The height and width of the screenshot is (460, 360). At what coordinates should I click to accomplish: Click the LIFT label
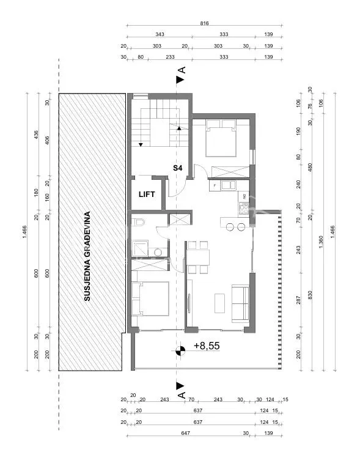coord(147,194)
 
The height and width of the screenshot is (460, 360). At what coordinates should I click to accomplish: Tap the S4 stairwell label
coord(178,168)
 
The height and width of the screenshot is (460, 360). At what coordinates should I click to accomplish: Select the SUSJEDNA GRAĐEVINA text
coord(87,256)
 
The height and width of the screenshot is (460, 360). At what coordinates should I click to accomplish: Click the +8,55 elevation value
coord(207,346)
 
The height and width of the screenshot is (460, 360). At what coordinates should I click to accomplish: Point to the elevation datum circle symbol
coord(180,351)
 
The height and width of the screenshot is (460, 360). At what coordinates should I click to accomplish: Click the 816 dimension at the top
coord(204,23)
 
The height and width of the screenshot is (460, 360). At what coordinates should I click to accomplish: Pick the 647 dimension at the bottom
coord(186,433)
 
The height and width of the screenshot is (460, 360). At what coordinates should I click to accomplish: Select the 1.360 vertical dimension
coord(321,242)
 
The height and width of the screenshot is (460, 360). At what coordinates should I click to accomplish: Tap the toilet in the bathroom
coord(138,223)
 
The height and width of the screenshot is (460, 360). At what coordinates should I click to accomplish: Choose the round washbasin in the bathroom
coord(158,252)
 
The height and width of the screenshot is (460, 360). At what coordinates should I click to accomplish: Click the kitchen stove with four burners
coord(244,209)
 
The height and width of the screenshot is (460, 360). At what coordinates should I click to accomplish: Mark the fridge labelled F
coord(215,186)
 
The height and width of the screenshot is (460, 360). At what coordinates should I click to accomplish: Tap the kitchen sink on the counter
coord(229,185)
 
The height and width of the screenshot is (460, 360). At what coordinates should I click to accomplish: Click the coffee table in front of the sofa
coord(219,303)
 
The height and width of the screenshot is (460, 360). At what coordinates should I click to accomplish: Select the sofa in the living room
coord(240,303)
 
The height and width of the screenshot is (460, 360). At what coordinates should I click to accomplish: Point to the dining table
coord(198,258)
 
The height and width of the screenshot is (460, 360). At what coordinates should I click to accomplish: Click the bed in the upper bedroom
coord(221,138)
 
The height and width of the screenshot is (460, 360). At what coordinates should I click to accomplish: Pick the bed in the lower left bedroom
coord(150,299)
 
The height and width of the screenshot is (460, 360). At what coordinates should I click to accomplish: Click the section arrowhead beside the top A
coord(180,80)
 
